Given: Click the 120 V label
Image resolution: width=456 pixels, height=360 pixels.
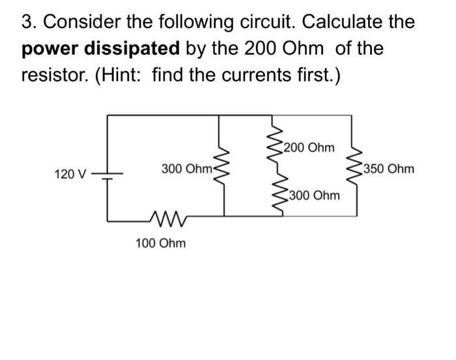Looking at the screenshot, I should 70,174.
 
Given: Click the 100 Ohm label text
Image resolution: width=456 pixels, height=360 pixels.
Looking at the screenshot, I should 160,243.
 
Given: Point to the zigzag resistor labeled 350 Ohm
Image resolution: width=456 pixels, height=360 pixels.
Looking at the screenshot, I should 356,167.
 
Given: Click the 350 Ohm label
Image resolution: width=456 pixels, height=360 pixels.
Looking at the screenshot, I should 390,170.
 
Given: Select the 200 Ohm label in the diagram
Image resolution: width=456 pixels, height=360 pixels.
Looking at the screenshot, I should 310,148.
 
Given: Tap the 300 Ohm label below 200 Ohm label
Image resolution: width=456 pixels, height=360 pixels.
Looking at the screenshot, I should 315,195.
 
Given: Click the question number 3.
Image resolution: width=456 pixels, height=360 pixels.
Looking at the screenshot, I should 27,22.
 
